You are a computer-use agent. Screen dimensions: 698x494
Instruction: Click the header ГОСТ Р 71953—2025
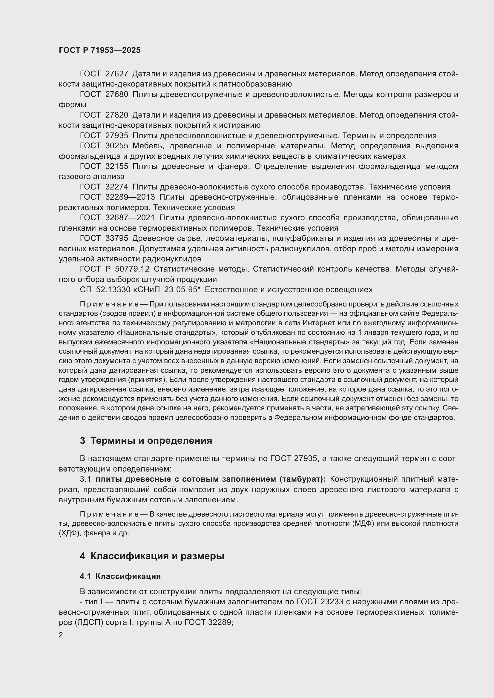(99, 50)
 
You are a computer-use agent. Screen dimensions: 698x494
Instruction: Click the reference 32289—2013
(130, 197)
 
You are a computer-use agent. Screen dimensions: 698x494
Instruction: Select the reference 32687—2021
(130, 218)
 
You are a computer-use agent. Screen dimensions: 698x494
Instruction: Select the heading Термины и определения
(151, 440)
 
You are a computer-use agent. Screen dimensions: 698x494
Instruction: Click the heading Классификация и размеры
(157, 556)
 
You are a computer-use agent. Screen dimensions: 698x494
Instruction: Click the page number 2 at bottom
(61, 635)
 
